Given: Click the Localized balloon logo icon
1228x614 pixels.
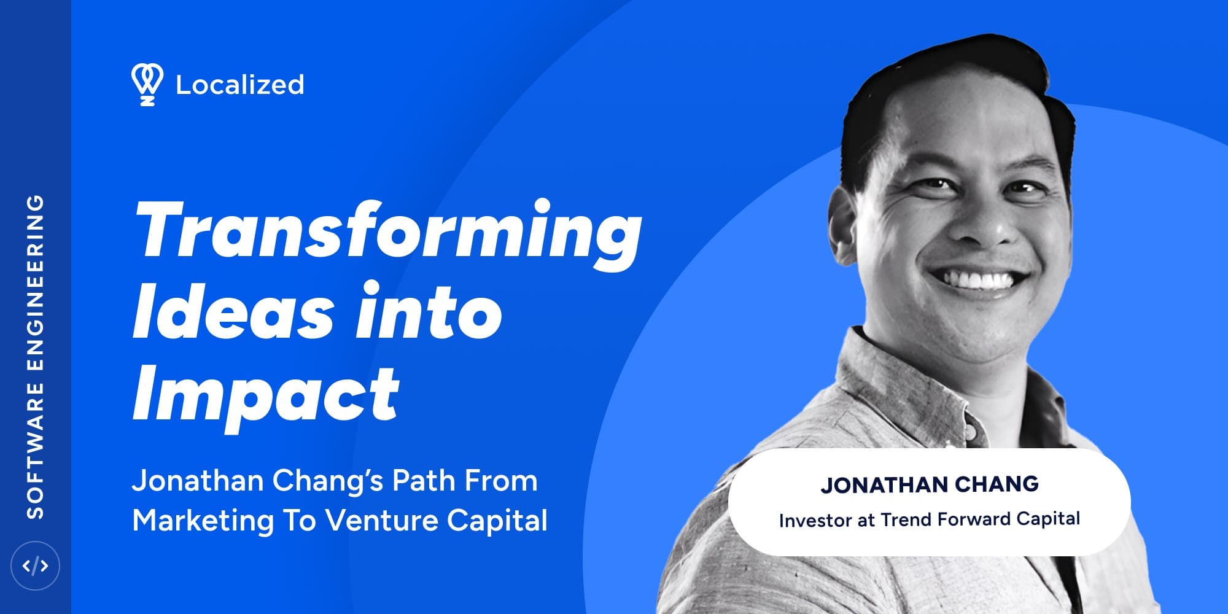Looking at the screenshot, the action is [147, 85].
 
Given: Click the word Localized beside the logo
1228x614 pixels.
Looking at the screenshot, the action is [240, 85].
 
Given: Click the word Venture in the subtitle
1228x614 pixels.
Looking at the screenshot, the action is [381, 521].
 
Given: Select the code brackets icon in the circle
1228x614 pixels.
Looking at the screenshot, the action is [35, 565].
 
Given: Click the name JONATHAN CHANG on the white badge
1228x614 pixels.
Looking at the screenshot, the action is [930, 484].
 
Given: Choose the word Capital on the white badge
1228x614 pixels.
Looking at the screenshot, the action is [1048, 519].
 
